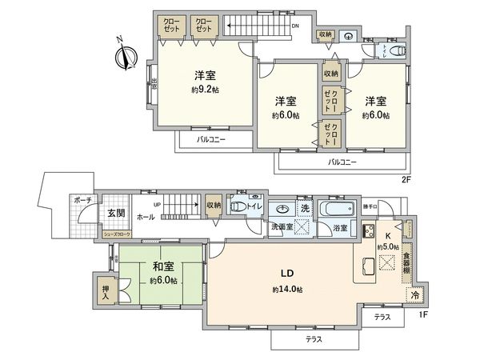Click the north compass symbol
[122, 57]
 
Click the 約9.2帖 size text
[205, 91]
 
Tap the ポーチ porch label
[82, 200]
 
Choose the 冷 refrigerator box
[414, 295]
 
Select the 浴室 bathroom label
[340, 228]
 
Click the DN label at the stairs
[295, 26]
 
